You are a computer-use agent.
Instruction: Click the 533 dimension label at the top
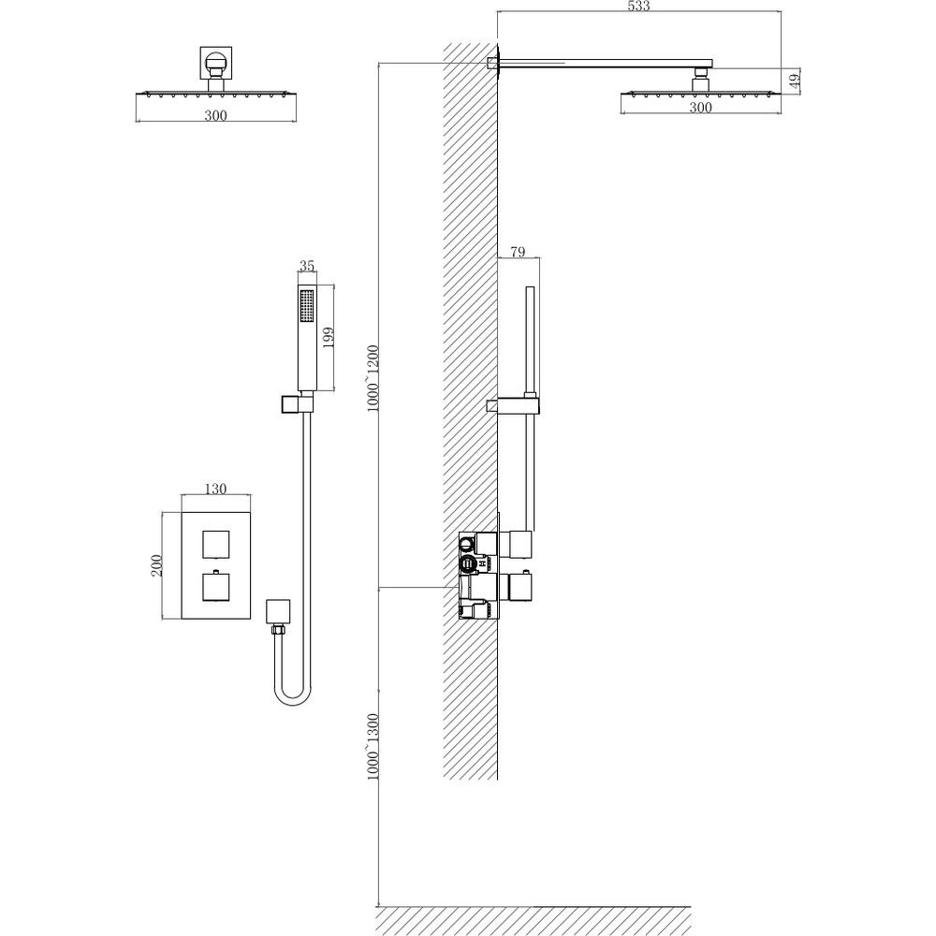tap(638, 6)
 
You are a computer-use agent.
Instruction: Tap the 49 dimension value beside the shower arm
tap(795, 81)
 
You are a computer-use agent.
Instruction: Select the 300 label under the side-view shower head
tap(701, 108)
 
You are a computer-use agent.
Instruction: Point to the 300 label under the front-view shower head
tap(215, 115)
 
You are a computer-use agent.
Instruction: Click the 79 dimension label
tap(519, 252)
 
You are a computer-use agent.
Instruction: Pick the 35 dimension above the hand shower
tap(307, 266)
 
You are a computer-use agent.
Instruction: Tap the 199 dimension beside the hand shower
tap(328, 339)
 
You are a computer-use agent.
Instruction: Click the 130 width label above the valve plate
tap(215, 489)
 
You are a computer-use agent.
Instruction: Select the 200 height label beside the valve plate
tap(156, 565)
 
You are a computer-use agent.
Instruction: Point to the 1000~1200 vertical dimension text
tap(373, 378)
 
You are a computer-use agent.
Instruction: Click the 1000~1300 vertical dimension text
tap(373, 746)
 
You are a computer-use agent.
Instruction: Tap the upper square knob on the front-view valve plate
tap(215, 544)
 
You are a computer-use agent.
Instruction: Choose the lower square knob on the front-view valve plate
tap(215, 586)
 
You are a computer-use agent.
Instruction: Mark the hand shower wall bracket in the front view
tap(296, 403)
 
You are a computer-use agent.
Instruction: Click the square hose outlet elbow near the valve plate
tap(278, 611)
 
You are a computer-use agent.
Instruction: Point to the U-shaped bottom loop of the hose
tap(292, 697)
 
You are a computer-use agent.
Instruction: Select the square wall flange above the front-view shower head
tap(215, 63)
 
